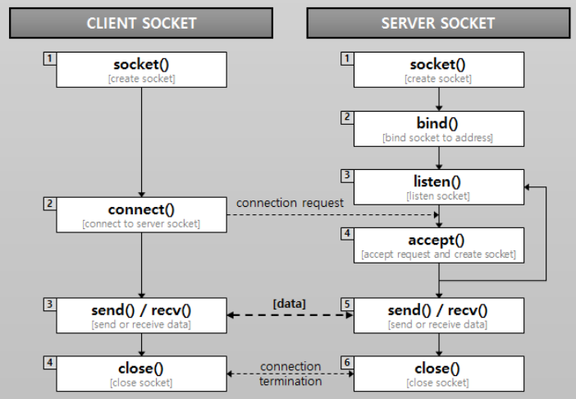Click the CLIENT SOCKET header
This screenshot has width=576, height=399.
point(142,23)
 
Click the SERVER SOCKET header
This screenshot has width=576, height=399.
point(437,23)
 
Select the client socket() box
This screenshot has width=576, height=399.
point(141,70)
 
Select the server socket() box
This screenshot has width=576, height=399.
point(438,70)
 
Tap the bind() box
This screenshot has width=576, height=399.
point(438,129)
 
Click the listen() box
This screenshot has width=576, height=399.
point(438,187)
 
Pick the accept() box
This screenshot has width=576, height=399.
point(438,245)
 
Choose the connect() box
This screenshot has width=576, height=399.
point(141,214)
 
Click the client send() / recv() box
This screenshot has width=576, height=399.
point(141,315)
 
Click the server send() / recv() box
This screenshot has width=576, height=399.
point(438,315)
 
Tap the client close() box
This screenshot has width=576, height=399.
point(141,374)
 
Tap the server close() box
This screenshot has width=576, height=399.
point(438,374)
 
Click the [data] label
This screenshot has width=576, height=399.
point(289,304)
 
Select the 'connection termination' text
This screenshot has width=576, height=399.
point(290,374)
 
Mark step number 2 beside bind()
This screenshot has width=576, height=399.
point(347,117)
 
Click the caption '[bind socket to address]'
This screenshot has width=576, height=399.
point(438,138)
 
